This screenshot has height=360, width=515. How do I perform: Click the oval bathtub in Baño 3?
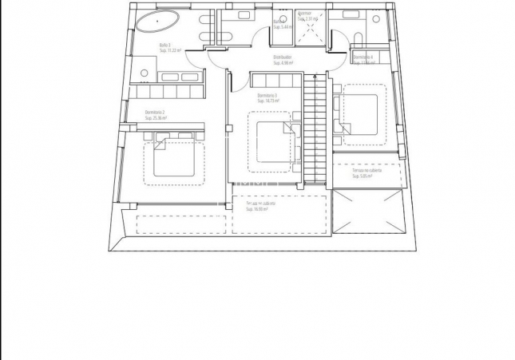coord(157,22)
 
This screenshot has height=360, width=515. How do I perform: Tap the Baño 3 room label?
coord(165,45)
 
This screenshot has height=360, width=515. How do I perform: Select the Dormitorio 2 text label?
coord(155,113)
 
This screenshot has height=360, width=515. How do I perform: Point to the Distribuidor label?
coord(281,57)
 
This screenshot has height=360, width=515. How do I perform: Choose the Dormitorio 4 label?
coord(363,57)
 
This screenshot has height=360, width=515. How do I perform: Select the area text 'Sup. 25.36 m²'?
coord(156,118)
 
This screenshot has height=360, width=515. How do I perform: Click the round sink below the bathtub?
coord(145,73)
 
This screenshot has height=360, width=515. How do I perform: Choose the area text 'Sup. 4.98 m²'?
coord(281,63)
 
